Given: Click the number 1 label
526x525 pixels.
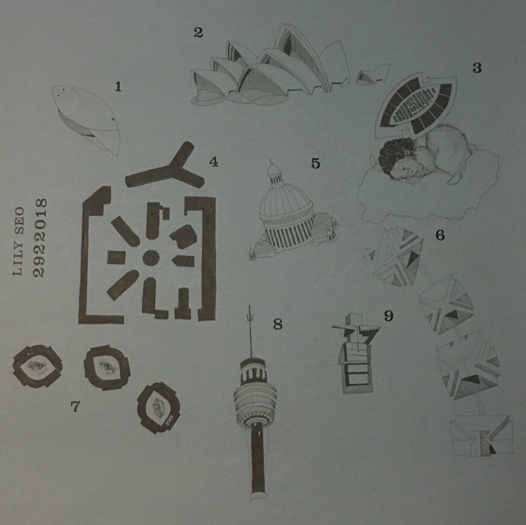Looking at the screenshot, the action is (x=118, y=87).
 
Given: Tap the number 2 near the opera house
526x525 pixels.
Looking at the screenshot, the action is (x=198, y=33).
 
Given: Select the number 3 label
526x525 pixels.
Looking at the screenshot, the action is (x=477, y=68).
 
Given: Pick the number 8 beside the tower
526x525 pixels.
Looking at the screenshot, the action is (x=278, y=324).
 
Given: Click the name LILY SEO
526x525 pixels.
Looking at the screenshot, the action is (x=18, y=242).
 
